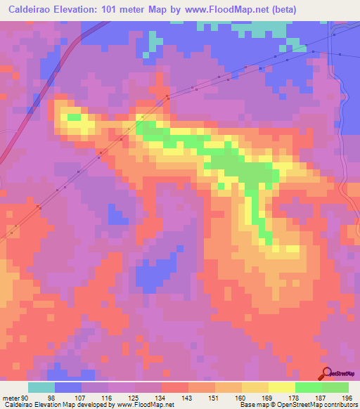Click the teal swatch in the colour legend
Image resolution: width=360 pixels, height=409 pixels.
click(x=41, y=387)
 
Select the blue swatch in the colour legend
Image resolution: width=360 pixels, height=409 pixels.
click(x=68, y=387)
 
